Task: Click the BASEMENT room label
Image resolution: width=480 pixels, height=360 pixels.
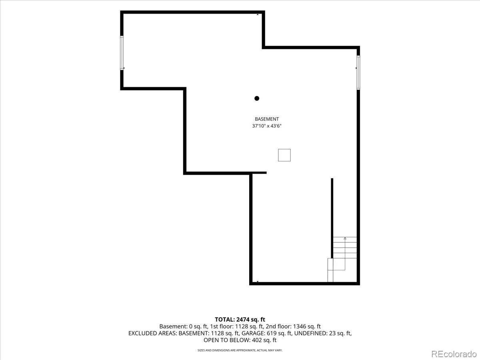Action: coord(267,119)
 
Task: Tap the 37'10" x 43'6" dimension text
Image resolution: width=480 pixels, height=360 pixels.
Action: coord(267,126)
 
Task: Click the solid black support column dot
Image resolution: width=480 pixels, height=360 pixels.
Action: coord(257,98)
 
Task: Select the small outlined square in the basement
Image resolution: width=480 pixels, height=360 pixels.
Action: coord(284,155)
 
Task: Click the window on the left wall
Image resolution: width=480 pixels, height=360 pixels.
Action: coord(122,53)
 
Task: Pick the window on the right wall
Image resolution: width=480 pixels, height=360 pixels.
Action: coord(358,72)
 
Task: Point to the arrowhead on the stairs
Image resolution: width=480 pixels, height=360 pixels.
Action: coord(345,238)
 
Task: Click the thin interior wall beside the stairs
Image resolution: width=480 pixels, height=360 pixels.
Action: coord(332,218)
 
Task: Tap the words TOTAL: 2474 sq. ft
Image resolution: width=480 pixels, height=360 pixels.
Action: coord(240,320)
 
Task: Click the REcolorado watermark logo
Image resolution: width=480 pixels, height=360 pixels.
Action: coord(454,354)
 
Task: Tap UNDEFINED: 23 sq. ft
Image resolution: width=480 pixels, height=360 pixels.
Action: coord(323,333)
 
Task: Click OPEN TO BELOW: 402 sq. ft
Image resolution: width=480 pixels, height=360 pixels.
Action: coord(240,340)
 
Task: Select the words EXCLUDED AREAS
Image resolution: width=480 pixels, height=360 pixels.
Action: coord(152,333)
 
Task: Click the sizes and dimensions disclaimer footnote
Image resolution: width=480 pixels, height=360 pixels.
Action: coord(240,350)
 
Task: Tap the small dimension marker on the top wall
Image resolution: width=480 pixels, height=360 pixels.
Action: coord(258,14)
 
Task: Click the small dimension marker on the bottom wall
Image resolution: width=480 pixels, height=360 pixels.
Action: coord(258,282)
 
